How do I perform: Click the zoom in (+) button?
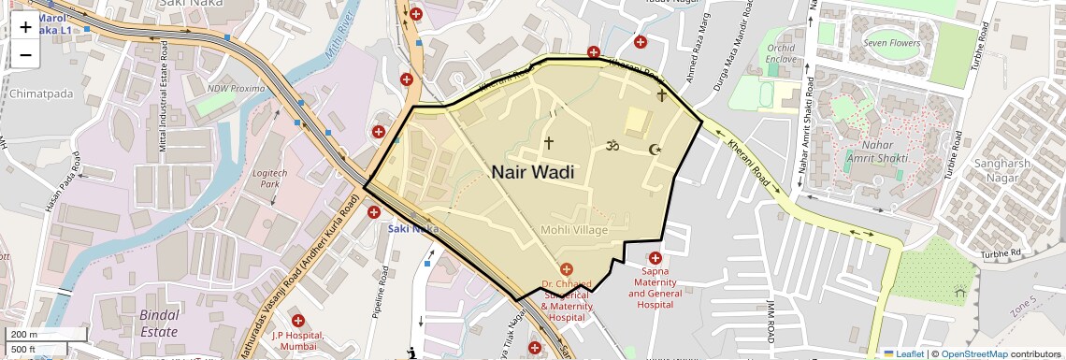[x=25, y=27]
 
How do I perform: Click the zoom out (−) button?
[x=25, y=54]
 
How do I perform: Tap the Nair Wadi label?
[x=532, y=172]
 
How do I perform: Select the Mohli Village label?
[x=574, y=230]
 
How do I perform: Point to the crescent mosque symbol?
[x=655, y=150]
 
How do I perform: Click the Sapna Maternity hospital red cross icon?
[x=655, y=257]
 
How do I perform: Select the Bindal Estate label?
[x=159, y=323]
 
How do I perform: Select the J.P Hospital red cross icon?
[x=297, y=321]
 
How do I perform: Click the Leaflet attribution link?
[x=904, y=353]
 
